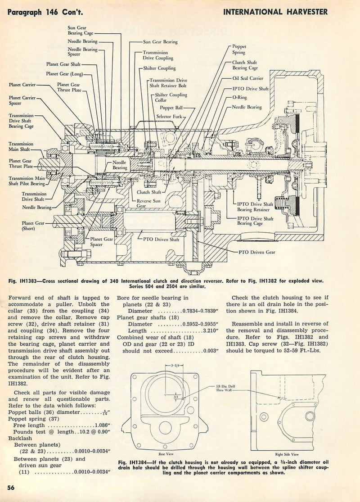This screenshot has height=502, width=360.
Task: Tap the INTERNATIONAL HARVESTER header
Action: (x=275, y=12)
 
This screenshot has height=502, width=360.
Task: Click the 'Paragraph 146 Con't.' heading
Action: (x=41, y=12)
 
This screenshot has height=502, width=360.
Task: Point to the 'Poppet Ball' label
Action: (x=183, y=109)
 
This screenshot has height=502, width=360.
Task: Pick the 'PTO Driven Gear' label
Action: (x=258, y=252)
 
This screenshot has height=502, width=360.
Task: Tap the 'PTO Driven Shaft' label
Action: (x=161, y=240)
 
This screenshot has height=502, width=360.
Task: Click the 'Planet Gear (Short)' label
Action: (x=33, y=226)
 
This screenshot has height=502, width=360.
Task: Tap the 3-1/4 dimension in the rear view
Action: (x=172, y=366)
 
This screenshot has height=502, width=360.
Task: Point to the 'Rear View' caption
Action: (x=166, y=454)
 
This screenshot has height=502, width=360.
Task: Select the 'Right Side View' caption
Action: (x=287, y=454)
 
